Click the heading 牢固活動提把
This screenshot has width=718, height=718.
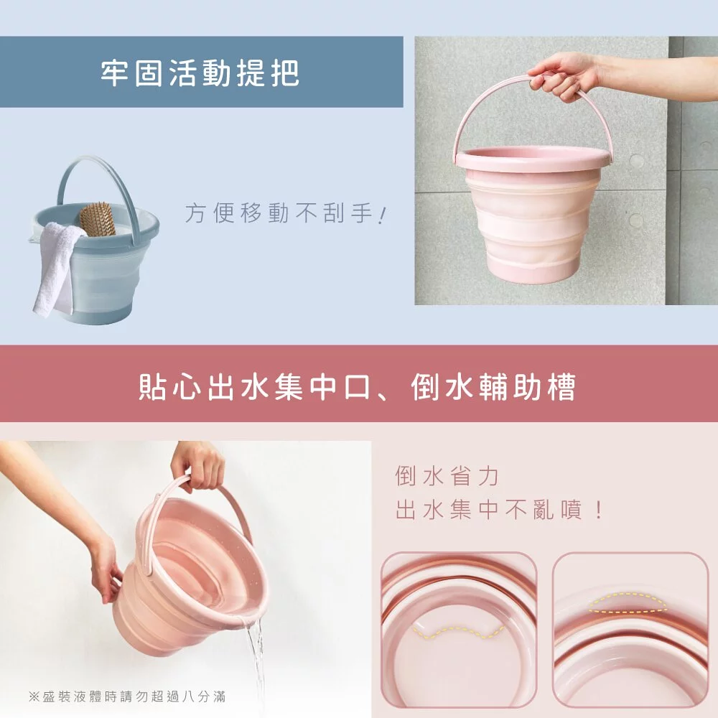[x=200, y=73]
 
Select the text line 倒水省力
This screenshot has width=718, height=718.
[x=447, y=475]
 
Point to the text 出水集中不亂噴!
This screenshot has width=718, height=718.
[x=499, y=510]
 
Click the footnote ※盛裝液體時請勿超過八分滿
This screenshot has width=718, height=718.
[x=131, y=696]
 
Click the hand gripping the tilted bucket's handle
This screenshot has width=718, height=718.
[x=198, y=464]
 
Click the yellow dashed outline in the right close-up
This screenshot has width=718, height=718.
[x=628, y=603]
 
